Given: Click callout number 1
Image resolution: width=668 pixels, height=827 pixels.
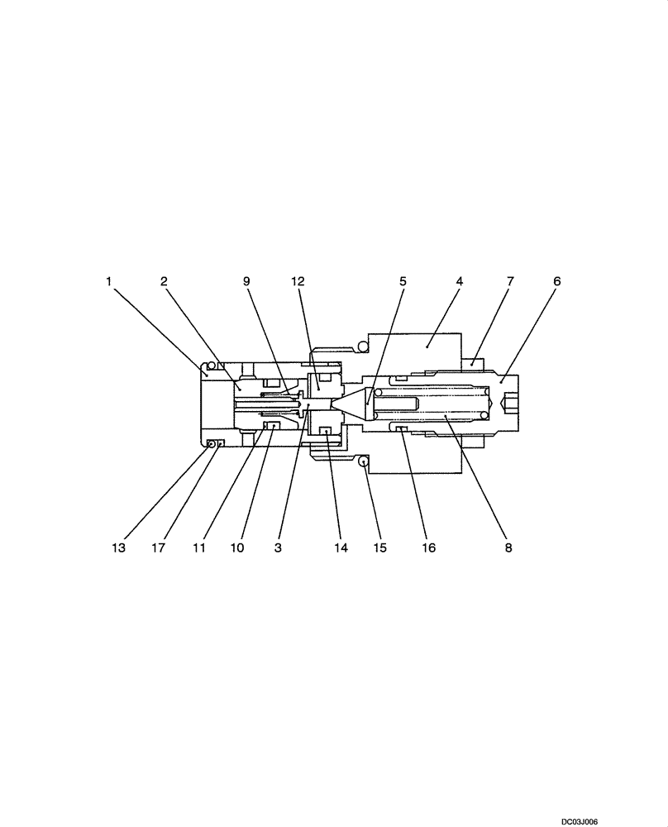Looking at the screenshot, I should coord(108,281).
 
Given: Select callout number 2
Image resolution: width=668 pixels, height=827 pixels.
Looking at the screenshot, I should coord(165,281).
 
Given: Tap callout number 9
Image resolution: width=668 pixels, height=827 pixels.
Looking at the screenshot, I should coord(246,281).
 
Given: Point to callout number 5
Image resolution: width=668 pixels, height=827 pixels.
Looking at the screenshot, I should coord(403,281).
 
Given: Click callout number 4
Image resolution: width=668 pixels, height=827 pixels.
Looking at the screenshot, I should coord(459,281).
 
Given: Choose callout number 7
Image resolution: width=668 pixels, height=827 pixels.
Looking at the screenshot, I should coord(510,281).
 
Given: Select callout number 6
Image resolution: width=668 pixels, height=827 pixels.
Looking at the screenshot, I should coord(556,281).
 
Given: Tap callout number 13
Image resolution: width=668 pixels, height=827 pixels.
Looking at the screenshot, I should coord(119,547).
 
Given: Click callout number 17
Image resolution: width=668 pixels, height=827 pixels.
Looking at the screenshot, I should coord(158,547).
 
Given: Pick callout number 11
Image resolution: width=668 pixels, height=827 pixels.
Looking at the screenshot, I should coord(198,547).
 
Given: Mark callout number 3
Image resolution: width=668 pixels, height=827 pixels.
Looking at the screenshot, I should coord(279,547).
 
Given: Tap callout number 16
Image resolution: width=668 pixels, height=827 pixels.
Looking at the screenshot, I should coord(428,547).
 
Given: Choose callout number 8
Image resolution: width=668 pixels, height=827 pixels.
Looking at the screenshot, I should coord(508,547).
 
